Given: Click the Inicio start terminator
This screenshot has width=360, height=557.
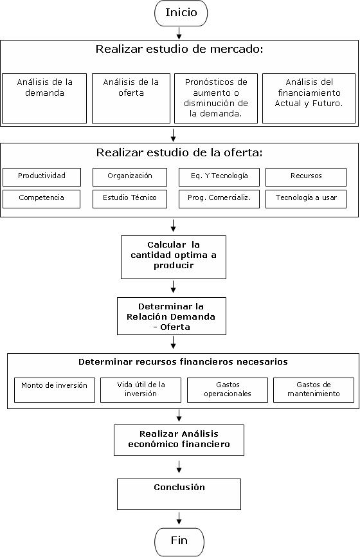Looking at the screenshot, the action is [181, 13].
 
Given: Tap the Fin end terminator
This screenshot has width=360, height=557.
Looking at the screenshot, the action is [179, 542].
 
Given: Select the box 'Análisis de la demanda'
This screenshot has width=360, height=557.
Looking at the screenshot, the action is [44, 98].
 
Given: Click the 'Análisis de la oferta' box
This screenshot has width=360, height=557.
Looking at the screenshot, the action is [131, 98].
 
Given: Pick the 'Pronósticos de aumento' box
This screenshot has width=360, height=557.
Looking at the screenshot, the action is [216, 98].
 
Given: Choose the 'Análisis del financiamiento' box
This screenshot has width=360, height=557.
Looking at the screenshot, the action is [309, 98].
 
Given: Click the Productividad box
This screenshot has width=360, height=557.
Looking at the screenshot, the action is [42, 177].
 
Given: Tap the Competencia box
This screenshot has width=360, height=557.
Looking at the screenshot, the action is [42, 199].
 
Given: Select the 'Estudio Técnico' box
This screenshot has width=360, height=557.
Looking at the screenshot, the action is [130, 199].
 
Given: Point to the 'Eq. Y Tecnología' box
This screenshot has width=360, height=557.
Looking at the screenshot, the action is [219, 177].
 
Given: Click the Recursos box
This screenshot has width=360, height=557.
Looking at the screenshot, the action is [306, 177].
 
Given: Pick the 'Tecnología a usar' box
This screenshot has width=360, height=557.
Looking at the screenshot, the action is [306, 199].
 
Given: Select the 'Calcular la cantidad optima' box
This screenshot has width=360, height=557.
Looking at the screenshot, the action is [174, 257].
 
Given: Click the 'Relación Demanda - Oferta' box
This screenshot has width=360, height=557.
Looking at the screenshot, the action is [172, 316].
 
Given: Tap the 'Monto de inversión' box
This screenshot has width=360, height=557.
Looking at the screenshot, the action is [55, 390].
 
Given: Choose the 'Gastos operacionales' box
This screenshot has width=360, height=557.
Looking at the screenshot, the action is [228, 390].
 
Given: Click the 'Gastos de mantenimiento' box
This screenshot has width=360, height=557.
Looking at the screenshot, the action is [314, 390].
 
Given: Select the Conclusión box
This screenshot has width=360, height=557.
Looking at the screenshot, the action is [179, 495].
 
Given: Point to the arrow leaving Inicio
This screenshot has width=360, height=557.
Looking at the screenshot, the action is [179, 33].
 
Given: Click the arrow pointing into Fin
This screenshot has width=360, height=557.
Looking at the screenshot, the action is [179, 518].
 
